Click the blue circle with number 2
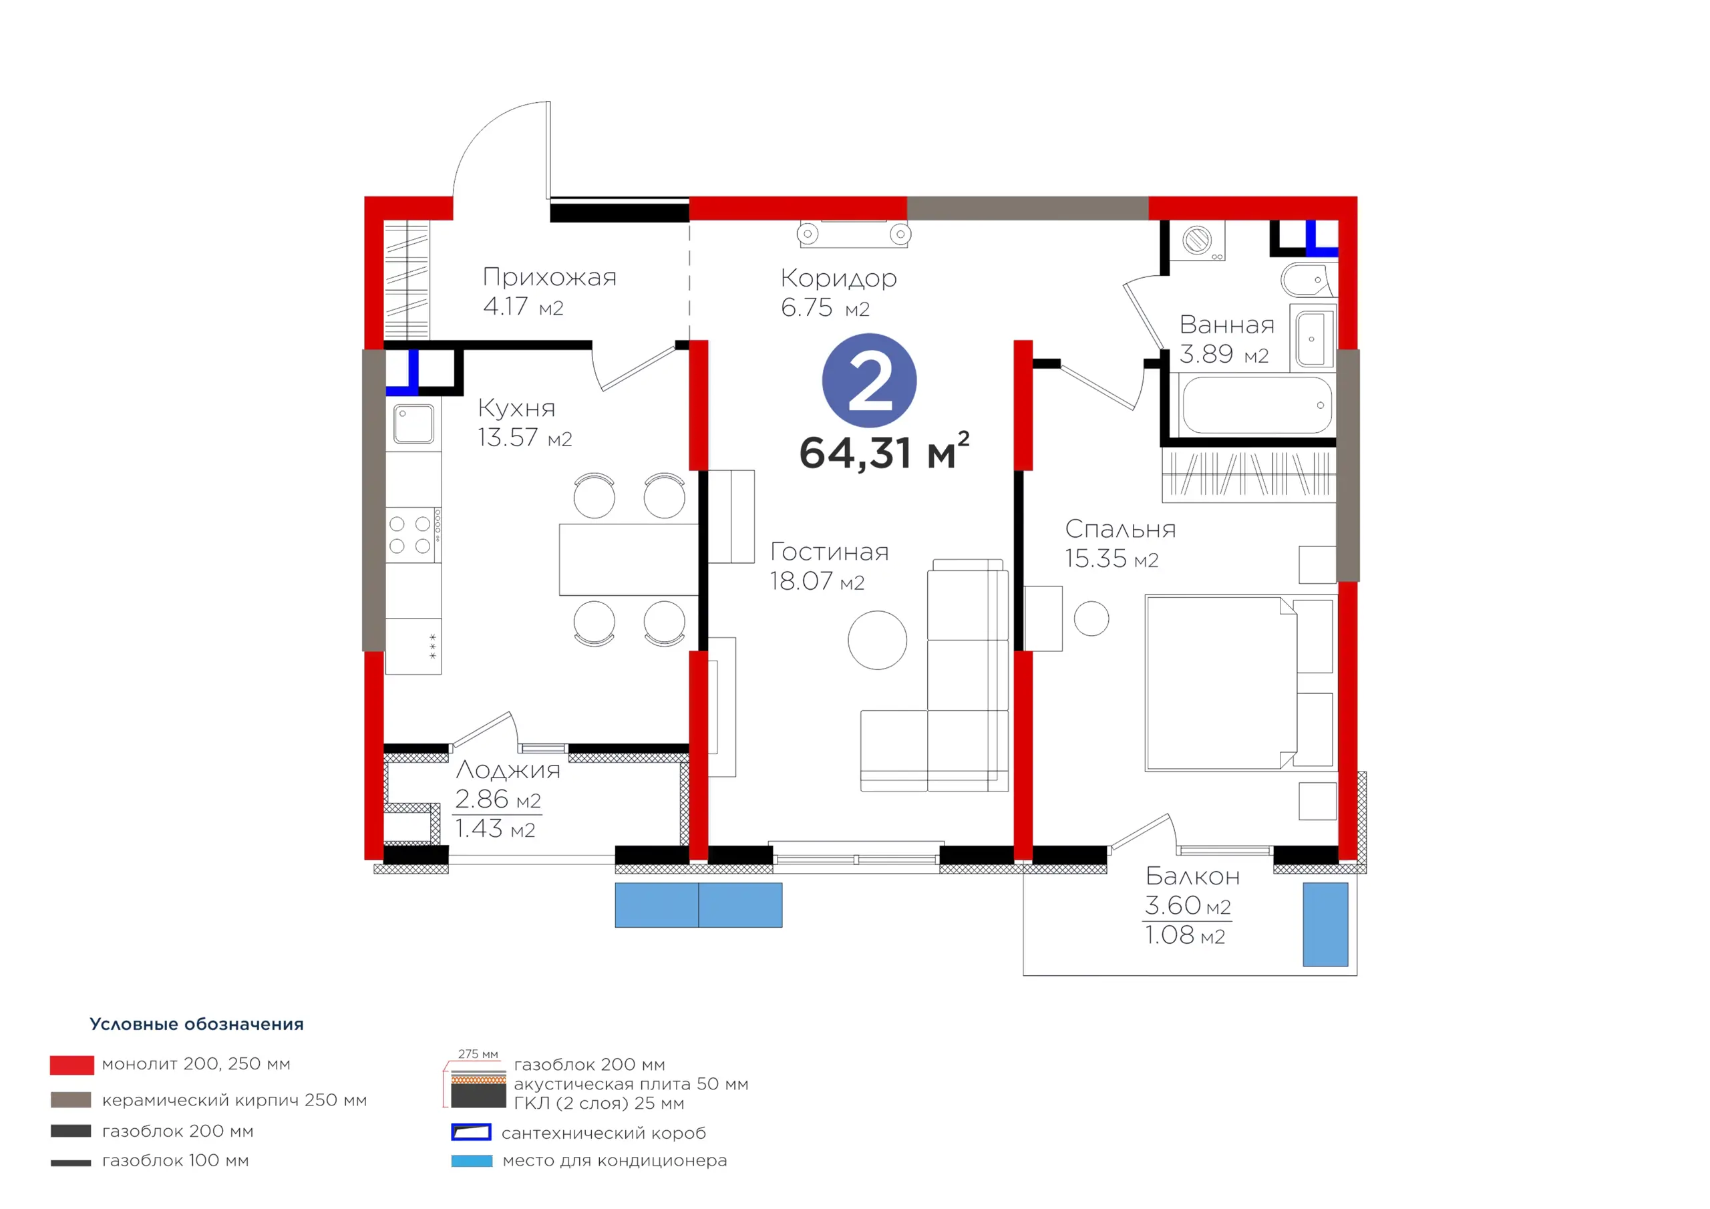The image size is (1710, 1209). [x=869, y=381]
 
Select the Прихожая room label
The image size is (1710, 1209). [x=550, y=278]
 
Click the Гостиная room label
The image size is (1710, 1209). [x=829, y=551]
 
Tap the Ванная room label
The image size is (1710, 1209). [x=1226, y=325]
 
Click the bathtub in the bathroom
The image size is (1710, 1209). [x=1256, y=405]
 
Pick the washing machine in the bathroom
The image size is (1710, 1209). [x=1198, y=240]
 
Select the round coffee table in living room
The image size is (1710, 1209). [x=877, y=640]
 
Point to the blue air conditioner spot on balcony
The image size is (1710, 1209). [x=1325, y=924]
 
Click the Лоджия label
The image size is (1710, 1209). [x=508, y=770]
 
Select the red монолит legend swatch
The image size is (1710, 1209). [x=71, y=1065]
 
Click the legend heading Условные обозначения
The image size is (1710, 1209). [x=196, y=1024]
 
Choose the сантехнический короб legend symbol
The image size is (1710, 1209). [x=472, y=1132]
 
